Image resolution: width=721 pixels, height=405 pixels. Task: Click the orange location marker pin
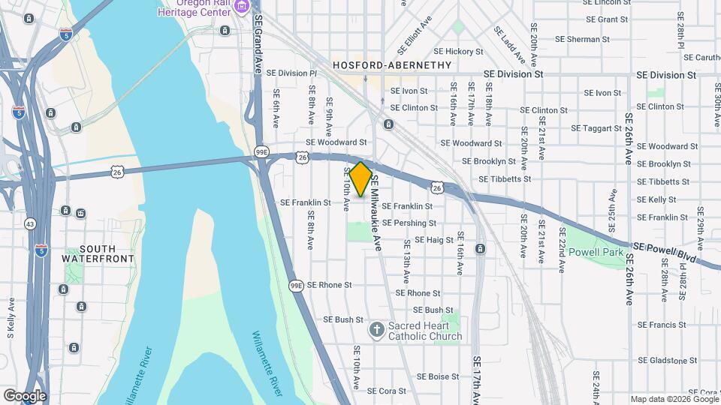point(360,178)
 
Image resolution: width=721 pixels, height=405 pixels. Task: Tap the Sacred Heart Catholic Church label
point(424,331)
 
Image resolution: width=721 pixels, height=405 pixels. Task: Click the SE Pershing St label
point(409,223)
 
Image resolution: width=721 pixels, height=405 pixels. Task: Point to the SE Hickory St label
point(457,52)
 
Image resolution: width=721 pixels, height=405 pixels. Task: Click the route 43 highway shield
point(30,223)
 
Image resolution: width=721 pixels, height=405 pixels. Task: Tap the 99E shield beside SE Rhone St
point(297,285)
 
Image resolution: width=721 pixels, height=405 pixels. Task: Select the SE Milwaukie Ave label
point(377,211)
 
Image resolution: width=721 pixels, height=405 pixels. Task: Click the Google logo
point(25,395)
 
